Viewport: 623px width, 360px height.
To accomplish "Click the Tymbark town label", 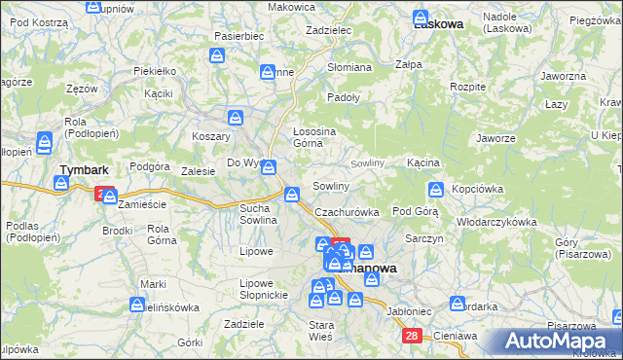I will click(83, 169).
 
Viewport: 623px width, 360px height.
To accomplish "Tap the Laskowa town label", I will click(437, 24).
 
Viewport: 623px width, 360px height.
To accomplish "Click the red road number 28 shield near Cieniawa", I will click(413, 336).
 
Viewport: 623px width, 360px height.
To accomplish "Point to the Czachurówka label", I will click(346, 211).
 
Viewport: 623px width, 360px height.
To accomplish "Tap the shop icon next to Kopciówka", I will click(436, 189).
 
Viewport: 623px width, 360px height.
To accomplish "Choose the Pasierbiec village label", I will click(238, 35).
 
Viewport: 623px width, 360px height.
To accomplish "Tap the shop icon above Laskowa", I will click(421, 17).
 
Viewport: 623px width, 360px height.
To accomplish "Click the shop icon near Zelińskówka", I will click(138, 306).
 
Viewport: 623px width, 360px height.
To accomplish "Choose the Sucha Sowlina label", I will click(260, 214).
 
